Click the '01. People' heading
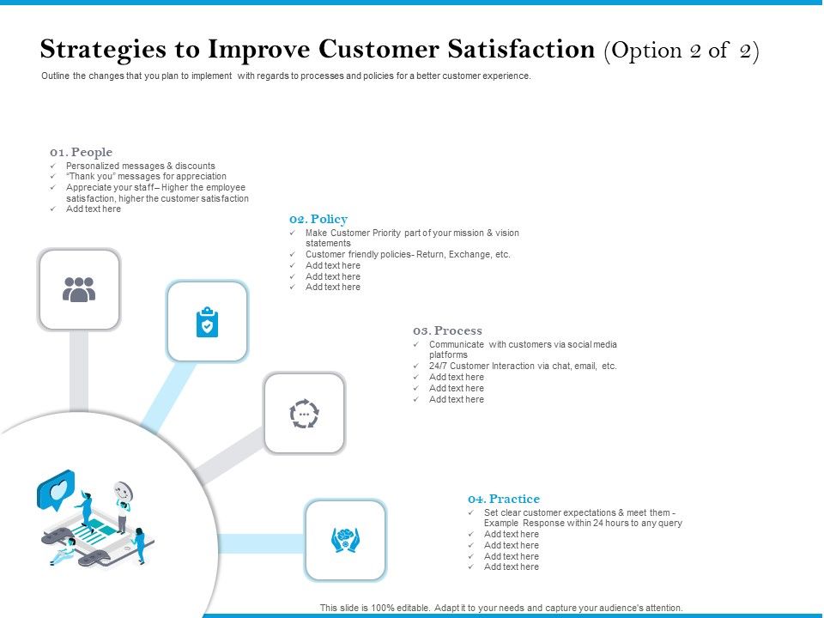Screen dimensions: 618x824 pyautogui.click(x=81, y=152)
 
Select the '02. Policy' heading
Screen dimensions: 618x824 pyautogui.click(x=318, y=219)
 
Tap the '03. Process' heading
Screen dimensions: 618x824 pyautogui.click(x=446, y=330)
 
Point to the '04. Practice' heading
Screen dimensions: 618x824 pyautogui.click(x=504, y=499)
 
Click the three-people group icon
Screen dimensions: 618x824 pyautogui.click(x=79, y=290)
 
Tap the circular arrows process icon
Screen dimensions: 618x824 pyautogui.click(x=304, y=414)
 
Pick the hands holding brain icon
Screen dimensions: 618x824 pyautogui.click(x=345, y=540)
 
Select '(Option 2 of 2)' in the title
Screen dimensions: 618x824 pyautogui.click(x=682, y=50)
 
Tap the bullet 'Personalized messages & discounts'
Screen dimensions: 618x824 pyautogui.click(x=141, y=166)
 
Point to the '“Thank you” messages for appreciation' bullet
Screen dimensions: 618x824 pyautogui.click(x=146, y=176)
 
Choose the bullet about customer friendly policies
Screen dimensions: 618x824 pyautogui.click(x=408, y=255)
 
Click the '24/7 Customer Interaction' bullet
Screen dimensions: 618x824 pyautogui.click(x=523, y=366)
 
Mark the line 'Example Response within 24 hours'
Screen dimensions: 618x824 pyautogui.click(x=583, y=523)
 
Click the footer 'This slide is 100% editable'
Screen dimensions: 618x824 pyautogui.click(x=501, y=608)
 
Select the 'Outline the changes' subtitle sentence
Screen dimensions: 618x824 pyautogui.click(x=287, y=76)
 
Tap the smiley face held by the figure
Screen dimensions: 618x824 pyautogui.click(x=124, y=493)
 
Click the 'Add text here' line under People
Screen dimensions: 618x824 pyautogui.click(x=94, y=209)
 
